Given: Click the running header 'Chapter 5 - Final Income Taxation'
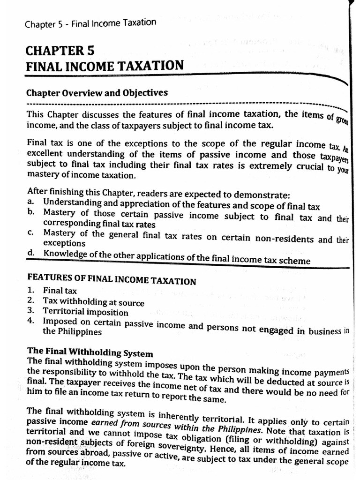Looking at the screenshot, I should point(90,23).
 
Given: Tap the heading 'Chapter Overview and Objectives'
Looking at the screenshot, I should point(97,92).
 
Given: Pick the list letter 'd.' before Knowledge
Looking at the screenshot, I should point(31,253).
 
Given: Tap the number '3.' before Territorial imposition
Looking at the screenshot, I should point(31,311).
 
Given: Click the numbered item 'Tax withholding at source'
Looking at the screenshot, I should point(93,302).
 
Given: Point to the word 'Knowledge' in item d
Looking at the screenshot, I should point(63,254).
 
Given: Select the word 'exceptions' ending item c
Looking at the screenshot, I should point(64,243).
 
